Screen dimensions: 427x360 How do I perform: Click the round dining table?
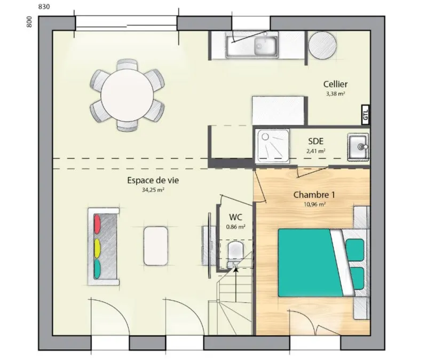click(x=127, y=95)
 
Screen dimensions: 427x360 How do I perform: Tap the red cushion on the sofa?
click(x=97, y=224)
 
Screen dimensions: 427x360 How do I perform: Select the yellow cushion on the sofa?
click(x=97, y=248)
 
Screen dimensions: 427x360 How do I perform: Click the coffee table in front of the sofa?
click(x=155, y=246)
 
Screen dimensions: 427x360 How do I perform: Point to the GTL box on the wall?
click(x=366, y=115)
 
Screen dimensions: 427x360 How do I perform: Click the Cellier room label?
click(x=335, y=84)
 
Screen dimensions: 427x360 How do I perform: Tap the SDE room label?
click(x=315, y=141)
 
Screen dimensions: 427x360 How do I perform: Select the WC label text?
click(x=235, y=217)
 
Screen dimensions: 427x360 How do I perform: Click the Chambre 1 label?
click(x=314, y=195)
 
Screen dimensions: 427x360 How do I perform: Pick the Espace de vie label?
click(x=153, y=180)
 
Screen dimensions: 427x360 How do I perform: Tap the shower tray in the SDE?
click(x=272, y=146)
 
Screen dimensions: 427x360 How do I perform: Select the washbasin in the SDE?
click(x=358, y=147)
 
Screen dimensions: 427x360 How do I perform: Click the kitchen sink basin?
click(x=265, y=45)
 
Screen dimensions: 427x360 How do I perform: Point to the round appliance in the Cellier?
click(x=322, y=45)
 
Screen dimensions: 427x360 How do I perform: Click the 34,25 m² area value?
click(x=153, y=190)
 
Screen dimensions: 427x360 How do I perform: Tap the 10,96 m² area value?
click(x=314, y=204)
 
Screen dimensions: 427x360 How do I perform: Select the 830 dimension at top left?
click(x=44, y=6)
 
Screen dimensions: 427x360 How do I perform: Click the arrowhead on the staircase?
click(x=236, y=270)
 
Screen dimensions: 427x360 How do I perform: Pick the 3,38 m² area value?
click(x=336, y=94)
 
